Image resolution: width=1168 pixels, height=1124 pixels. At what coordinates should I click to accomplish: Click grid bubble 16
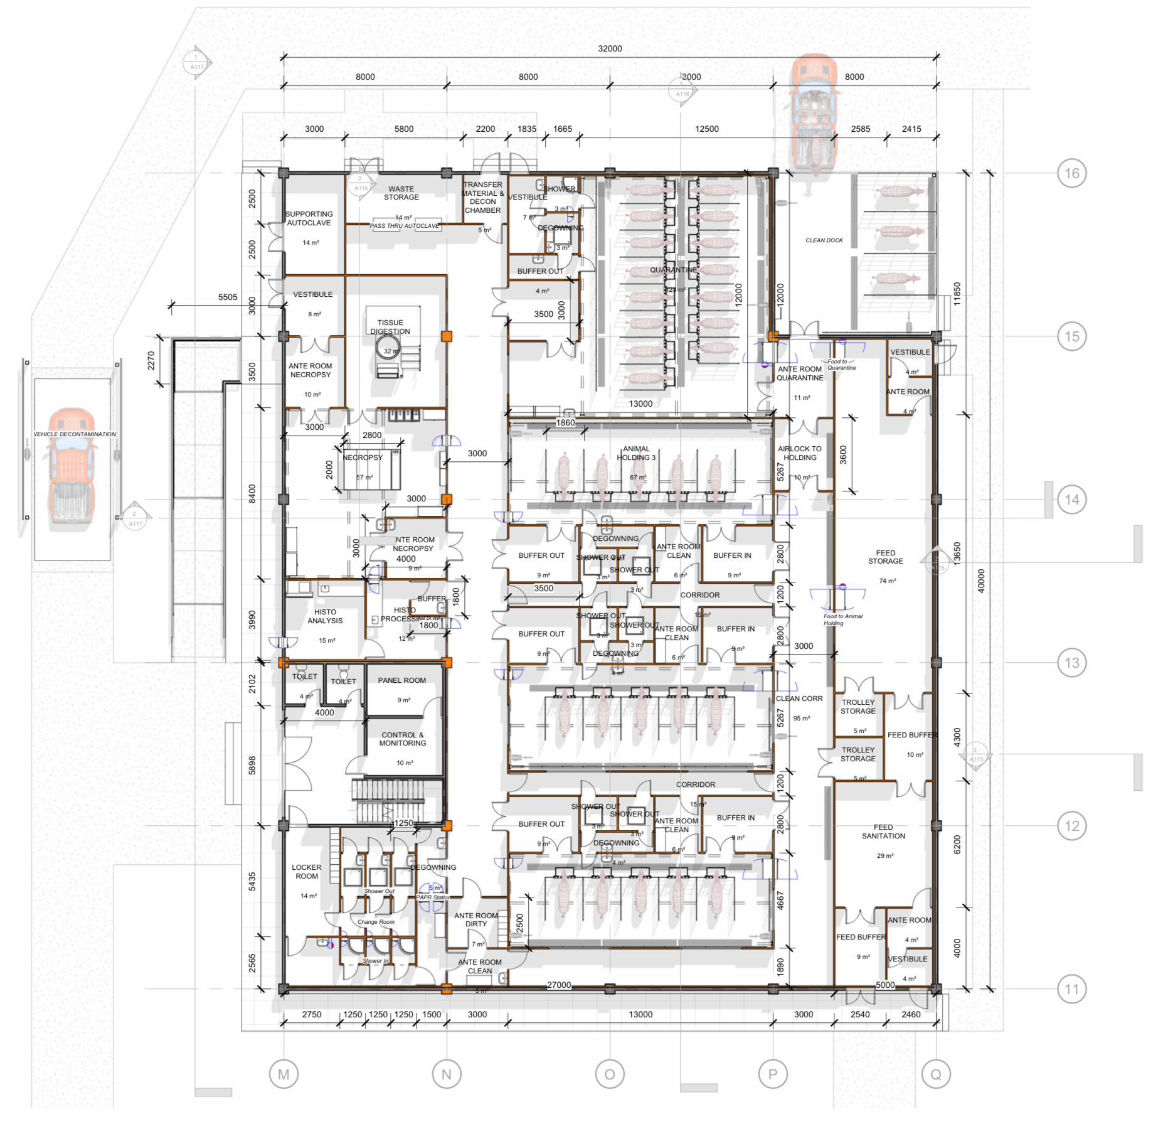(x=1071, y=173)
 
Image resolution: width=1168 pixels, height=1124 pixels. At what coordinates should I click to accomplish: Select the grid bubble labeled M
(x=284, y=1074)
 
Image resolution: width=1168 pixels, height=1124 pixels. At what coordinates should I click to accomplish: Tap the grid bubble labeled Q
(x=935, y=1074)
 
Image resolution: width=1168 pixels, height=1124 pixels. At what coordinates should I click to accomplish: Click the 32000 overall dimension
(x=609, y=49)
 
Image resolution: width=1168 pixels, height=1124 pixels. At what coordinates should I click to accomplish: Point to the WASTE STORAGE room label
(x=401, y=193)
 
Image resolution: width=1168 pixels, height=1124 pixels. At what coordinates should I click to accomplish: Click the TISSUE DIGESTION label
(x=390, y=327)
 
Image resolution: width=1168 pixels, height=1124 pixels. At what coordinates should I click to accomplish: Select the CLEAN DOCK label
(x=824, y=240)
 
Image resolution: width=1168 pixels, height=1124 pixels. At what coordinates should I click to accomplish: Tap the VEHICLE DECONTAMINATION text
(x=74, y=434)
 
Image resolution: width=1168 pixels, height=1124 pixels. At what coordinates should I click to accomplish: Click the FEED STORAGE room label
(x=885, y=557)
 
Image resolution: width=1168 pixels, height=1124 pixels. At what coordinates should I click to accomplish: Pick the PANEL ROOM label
(x=401, y=680)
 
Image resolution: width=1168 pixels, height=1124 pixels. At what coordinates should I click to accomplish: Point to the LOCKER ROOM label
(x=306, y=872)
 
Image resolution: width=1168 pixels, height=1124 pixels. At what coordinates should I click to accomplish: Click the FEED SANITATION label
(x=883, y=832)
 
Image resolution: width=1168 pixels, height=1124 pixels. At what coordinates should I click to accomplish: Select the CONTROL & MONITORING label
(x=402, y=739)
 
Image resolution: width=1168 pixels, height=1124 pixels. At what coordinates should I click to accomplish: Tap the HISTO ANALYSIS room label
(x=324, y=616)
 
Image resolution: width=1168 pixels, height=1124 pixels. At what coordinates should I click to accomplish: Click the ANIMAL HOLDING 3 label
(x=635, y=453)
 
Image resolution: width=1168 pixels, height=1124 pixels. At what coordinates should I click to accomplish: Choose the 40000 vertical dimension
(x=981, y=581)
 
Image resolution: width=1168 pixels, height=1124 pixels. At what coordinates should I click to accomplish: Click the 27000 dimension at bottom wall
(x=558, y=985)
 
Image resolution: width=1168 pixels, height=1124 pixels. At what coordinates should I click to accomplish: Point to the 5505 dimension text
(x=227, y=297)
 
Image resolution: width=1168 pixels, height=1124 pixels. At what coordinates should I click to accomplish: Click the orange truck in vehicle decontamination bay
(x=72, y=464)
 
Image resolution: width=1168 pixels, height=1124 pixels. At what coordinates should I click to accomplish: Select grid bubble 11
(x=1071, y=989)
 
